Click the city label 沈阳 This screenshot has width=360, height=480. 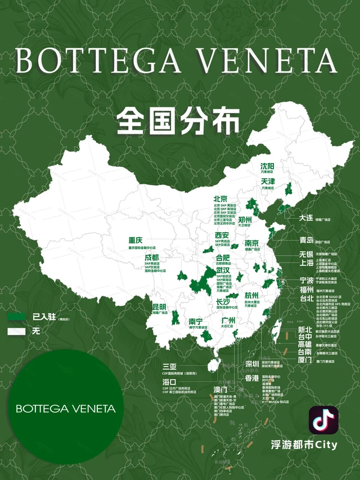pyautogui.click(x=267, y=166)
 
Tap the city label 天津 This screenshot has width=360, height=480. pyautogui.click(x=267, y=182)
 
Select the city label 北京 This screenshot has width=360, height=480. pyautogui.click(x=220, y=199)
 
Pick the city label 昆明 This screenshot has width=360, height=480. pyautogui.click(x=159, y=307)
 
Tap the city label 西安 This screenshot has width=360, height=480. pyautogui.click(x=222, y=235)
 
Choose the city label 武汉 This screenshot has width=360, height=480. pyautogui.click(x=223, y=270)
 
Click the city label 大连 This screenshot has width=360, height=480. pyautogui.click(x=305, y=218)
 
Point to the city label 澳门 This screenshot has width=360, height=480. pyautogui.click(x=220, y=389)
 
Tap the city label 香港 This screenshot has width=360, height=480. pyautogui.click(x=251, y=378)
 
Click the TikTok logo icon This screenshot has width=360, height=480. pyautogui.click(x=323, y=420)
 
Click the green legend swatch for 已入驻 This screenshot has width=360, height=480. pyautogui.click(x=16, y=317)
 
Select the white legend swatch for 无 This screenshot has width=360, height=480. pyautogui.click(x=16, y=332)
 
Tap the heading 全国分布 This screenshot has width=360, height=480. pyautogui.click(x=178, y=120)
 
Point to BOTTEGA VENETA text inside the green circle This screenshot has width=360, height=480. pyautogui.click(x=66, y=408)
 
